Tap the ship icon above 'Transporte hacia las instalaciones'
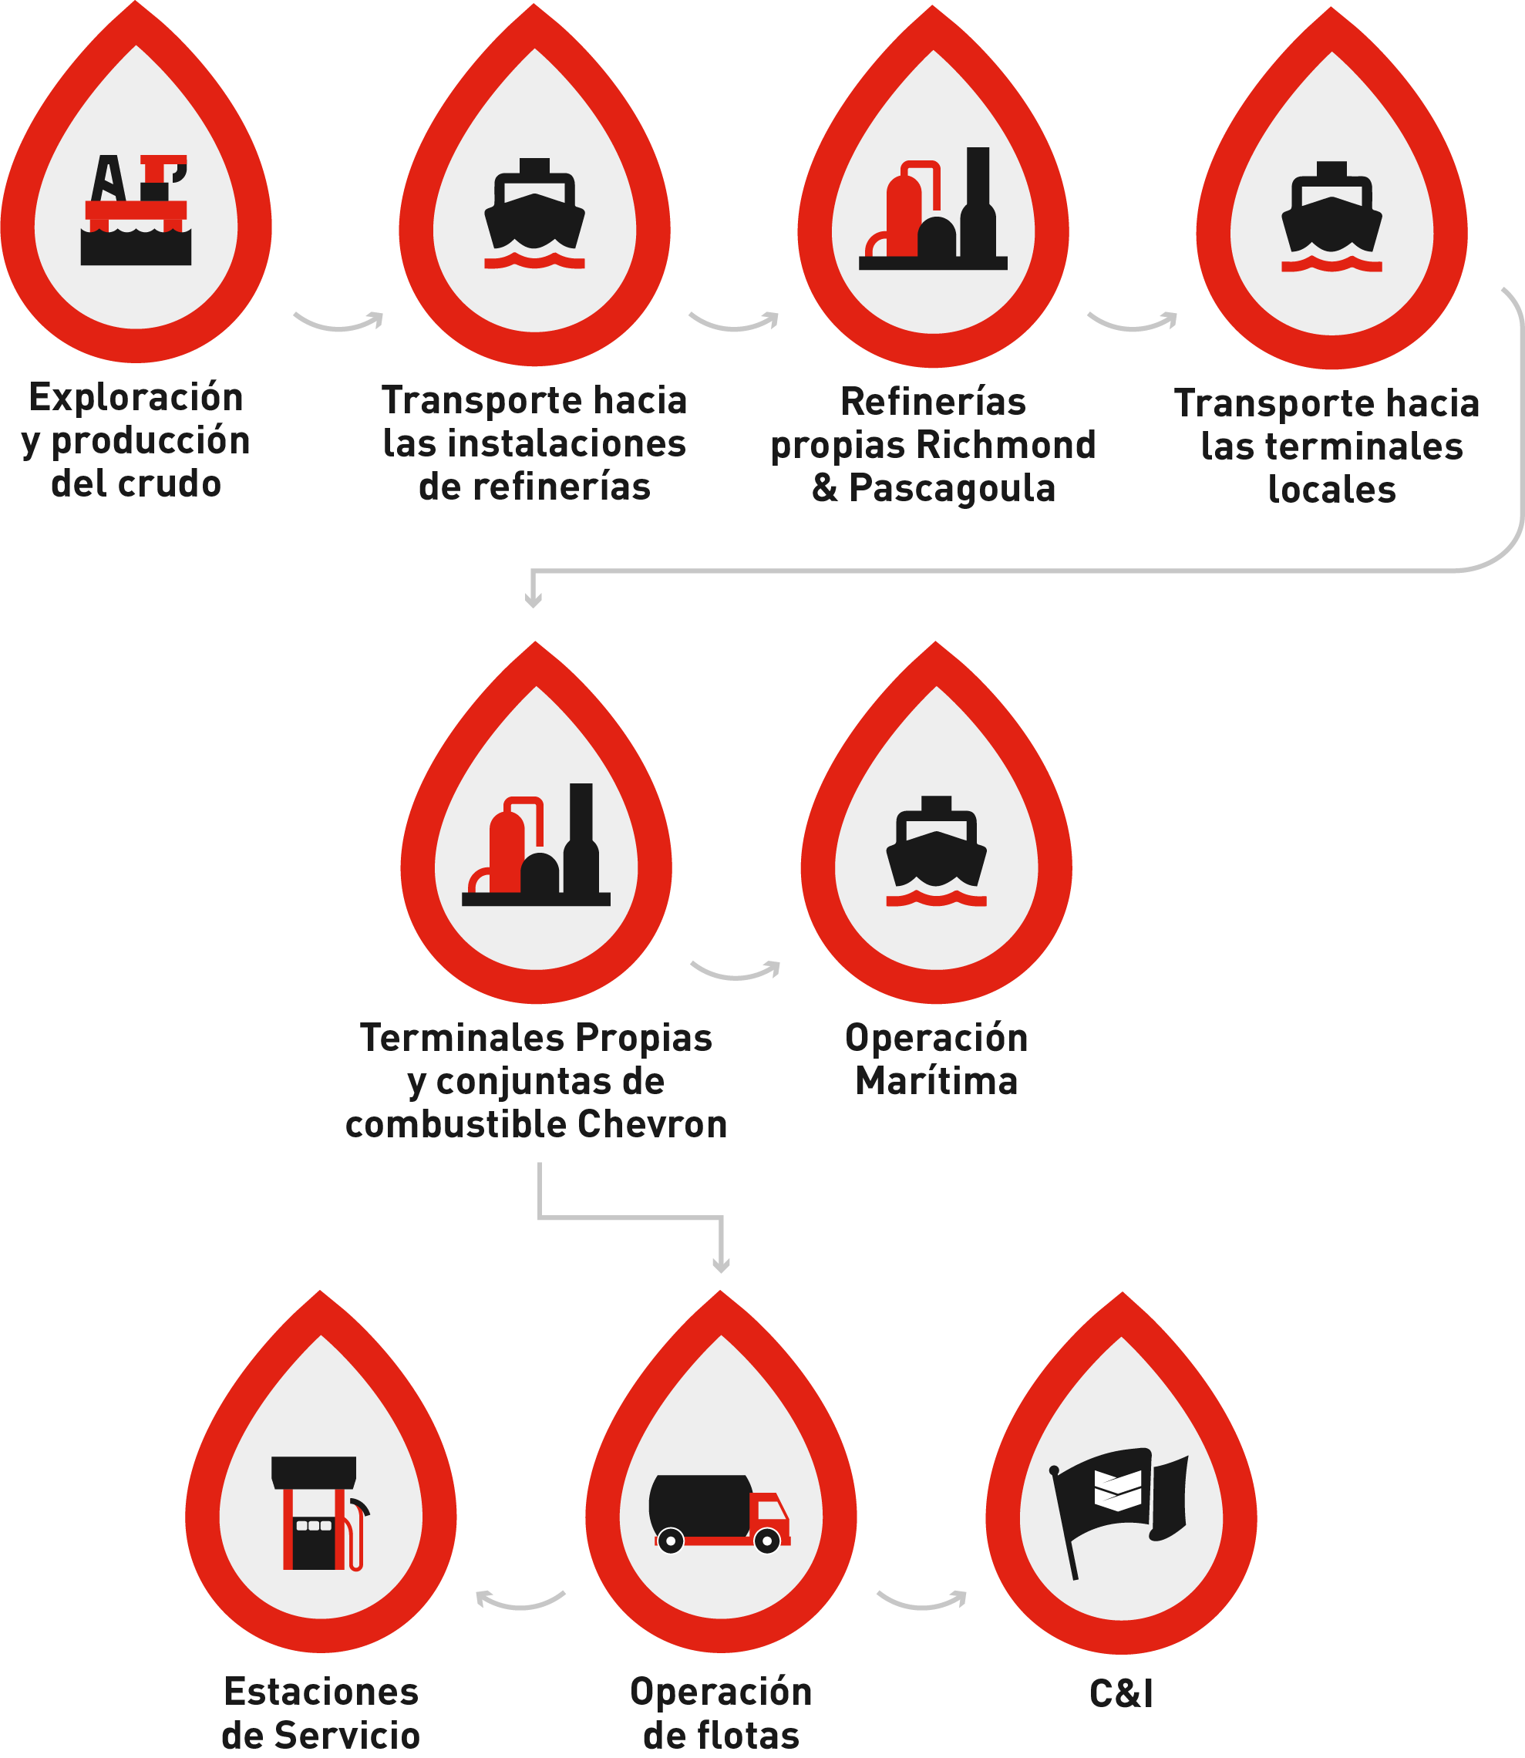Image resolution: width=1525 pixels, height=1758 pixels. click(x=534, y=214)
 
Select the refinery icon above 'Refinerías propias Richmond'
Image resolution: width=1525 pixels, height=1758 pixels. click(x=933, y=210)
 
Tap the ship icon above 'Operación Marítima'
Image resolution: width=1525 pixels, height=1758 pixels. click(x=936, y=852)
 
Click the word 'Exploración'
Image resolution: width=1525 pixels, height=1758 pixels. click(x=136, y=397)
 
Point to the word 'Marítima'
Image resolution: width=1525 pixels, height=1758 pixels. click(x=936, y=1082)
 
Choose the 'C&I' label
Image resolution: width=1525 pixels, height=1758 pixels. click(x=1122, y=1694)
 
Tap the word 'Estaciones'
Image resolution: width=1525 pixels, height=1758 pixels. click(x=321, y=1692)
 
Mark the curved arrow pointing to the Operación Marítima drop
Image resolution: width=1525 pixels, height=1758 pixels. click(x=736, y=970)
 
